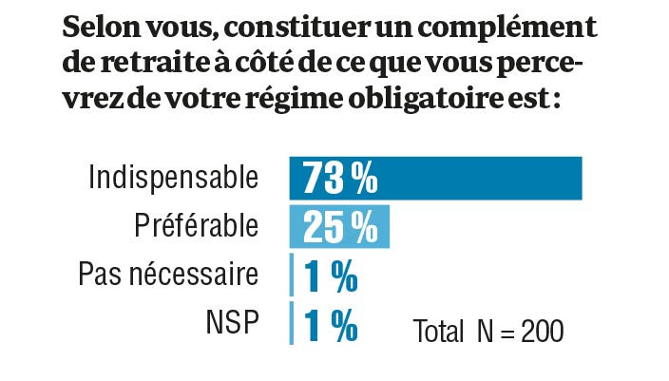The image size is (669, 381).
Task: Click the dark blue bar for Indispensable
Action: click(x=475, y=178)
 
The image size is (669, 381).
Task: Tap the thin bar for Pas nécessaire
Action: click(x=292, y=276)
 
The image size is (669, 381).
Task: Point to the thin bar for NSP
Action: click(x=292, y=324)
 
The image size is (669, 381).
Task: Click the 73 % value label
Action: click(x=340, y=178)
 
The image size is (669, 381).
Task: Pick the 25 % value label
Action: click(x=340, y=227)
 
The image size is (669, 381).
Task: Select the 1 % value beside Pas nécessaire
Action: click(x=331, y=276)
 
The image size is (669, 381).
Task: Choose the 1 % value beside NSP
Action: click(x=331, y=324)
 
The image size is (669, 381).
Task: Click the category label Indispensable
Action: click(x=172, y=178)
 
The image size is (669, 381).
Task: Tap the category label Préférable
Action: click(x=195, y=227)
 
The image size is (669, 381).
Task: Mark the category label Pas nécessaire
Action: click(x=168, y=276)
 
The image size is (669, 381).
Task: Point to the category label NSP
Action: click(x=232, y=324)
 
